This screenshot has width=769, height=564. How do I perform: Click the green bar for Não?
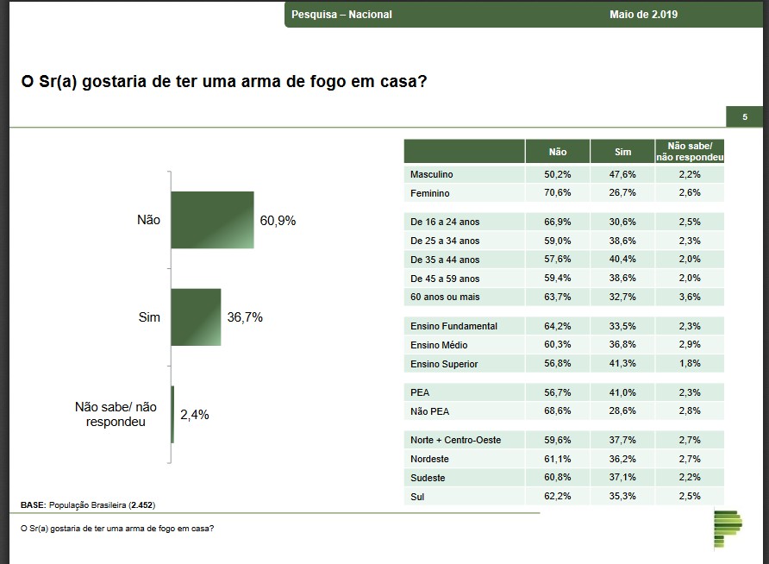pos(212,220)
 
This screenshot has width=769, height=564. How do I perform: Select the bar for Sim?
pos(196,317)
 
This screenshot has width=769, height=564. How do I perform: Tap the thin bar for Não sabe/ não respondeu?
pos(172,414)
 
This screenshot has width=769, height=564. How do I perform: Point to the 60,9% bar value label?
pos(278,221)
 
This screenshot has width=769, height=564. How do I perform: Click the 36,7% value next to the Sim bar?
pos(245,317)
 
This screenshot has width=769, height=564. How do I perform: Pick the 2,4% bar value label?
pos(194,415)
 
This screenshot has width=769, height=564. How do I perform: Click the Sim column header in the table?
pos(622,152)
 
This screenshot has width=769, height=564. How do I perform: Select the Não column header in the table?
pos(558,152)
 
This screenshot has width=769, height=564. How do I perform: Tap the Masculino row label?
pos(432,174)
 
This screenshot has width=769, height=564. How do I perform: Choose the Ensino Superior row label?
pos(444,364)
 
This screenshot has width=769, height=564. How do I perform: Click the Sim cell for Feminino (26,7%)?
pos(622,193)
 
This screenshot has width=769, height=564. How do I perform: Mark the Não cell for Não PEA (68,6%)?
pos(558,411)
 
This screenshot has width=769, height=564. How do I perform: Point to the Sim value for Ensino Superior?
pos(622,364)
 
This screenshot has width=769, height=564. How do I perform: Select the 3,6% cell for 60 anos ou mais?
pos(689,297)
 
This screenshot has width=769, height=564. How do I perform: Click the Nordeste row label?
pos(430,459)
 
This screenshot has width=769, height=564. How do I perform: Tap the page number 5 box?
pos(745,117)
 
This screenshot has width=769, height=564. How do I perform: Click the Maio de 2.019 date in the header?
pos(643,15)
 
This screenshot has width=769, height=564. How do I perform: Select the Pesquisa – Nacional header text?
pos(341,15)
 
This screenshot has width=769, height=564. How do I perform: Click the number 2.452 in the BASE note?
pos(142,504)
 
